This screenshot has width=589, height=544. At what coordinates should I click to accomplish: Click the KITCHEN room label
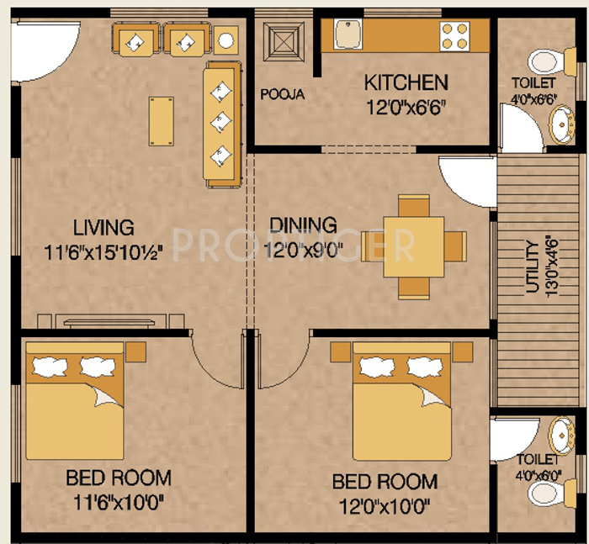pos(405,82)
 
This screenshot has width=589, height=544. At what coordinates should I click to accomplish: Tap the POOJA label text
pos(282,94)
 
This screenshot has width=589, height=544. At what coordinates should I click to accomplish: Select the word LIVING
pos(103,227)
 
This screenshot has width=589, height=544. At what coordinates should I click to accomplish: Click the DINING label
pos(303,225)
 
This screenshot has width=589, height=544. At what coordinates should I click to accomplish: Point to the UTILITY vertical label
pos(531,267)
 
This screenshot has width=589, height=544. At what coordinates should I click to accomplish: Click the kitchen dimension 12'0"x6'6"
pos(405,108)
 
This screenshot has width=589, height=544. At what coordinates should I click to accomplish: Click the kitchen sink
pos(347,34)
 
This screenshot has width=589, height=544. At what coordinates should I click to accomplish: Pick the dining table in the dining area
pos(413,245)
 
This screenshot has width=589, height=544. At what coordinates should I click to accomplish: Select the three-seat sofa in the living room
pos(223,124)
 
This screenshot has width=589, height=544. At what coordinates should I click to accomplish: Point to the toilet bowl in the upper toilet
pos(541,59)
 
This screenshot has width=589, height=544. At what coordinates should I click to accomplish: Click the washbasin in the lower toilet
pos(559,436)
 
